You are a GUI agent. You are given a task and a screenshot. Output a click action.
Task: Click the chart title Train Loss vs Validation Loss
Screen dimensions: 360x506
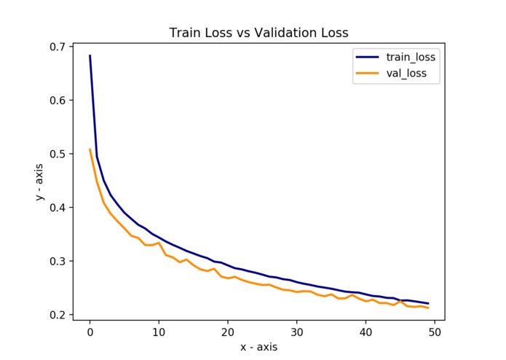[x=258, y=33]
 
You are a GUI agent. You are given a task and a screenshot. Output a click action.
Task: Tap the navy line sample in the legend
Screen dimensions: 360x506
[x=367, y=55]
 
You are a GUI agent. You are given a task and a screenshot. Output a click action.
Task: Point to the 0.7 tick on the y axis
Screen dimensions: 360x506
[x=57, y=47]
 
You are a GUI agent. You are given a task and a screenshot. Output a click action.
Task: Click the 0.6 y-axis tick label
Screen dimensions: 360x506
[x=57, y=101]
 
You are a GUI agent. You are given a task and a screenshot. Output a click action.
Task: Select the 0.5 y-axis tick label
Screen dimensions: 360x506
[x=57, y=154]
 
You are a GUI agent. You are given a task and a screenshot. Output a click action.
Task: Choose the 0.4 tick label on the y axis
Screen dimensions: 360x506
[x=57, y=208]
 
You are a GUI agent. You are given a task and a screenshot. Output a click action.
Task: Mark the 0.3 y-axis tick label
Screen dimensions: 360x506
[x=57, y=261]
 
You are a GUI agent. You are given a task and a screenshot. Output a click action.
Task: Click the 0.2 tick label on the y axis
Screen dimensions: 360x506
[x=57, y=315]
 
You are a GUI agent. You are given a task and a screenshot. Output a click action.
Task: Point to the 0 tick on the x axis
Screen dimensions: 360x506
[x=90, y=332]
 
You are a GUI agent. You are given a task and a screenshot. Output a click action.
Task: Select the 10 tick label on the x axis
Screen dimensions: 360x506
[x=159, y=332]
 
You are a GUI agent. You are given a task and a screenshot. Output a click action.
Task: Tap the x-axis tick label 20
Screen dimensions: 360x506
[x=227, y=332]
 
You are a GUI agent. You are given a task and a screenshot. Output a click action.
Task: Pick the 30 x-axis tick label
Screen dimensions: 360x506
[x=296, y=332]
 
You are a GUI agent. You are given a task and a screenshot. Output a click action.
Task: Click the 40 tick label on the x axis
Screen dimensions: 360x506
[x=365, y=332]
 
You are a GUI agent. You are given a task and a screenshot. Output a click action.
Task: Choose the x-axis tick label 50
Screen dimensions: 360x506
[x=434, y=332]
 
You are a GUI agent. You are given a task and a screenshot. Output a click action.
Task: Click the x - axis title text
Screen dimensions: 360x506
[x=258, y=347]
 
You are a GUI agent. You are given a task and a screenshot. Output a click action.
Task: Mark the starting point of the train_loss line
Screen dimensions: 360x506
[x=90, y=55]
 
